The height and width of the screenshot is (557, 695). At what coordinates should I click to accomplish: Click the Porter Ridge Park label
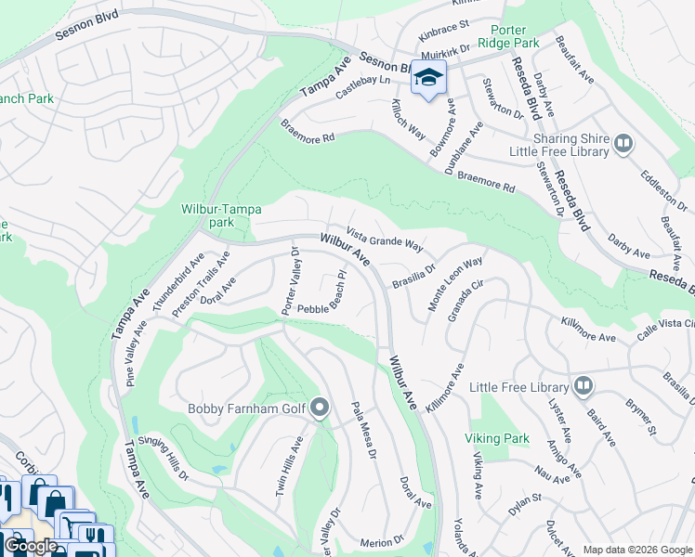pyautogui.click(x=507, y=35)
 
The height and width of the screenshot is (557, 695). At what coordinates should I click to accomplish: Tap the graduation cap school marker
pyautogui.click(x=428, y=78)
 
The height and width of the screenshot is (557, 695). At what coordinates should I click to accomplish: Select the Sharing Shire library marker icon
pyautogui.click(x=623, y=144)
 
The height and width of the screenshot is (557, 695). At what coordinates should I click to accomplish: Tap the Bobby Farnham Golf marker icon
pyautogui.click(x=321, y=408)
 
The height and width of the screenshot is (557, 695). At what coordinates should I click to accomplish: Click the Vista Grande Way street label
pyautogui.click(x=385, y=240)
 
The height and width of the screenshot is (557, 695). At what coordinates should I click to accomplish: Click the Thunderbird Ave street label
pyautogui.click(x=177, y=282)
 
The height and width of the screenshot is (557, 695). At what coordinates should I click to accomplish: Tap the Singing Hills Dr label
pyautogui.click(x=170, y=460)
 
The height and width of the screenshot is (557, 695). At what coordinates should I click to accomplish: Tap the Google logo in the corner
pyautogui.click(x=31, y=546)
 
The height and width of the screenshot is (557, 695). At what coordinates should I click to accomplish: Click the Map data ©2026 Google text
pyautogui.click(x=636, y=549)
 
